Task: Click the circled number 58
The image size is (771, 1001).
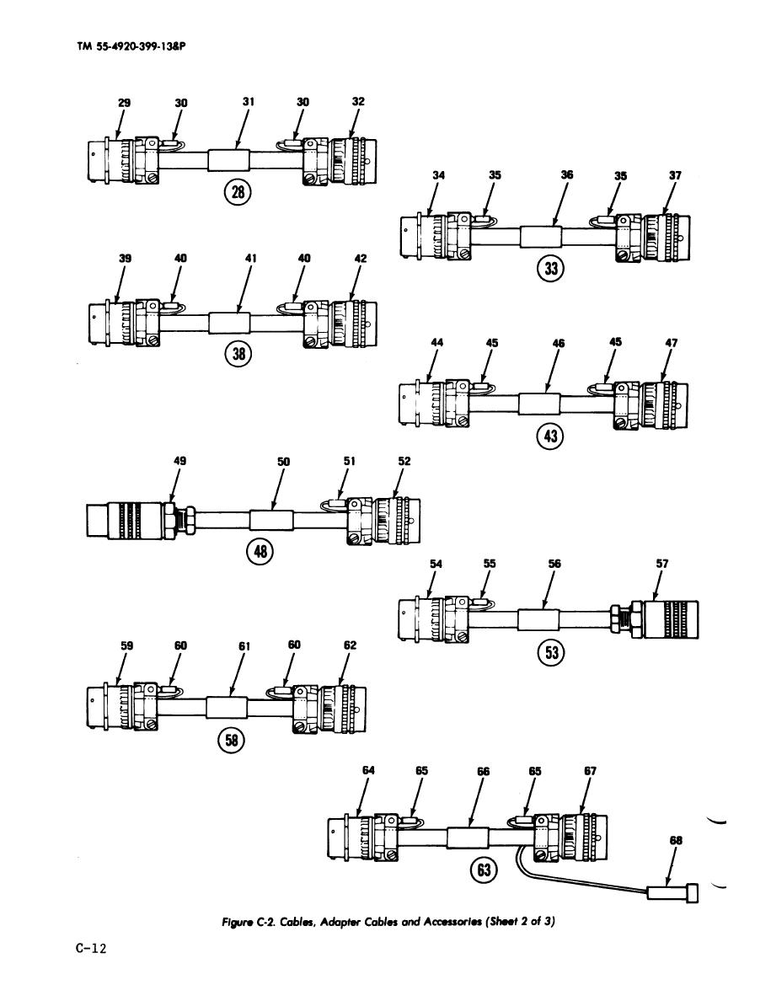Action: (229, 740)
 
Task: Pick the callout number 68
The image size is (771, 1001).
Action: (675, 840)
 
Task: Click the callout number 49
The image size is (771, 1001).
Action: (179, 462)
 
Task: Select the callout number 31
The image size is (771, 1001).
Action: (248, 102)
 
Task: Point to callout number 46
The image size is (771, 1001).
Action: (558, 344)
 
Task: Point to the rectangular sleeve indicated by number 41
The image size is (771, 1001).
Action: (230, 322)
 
